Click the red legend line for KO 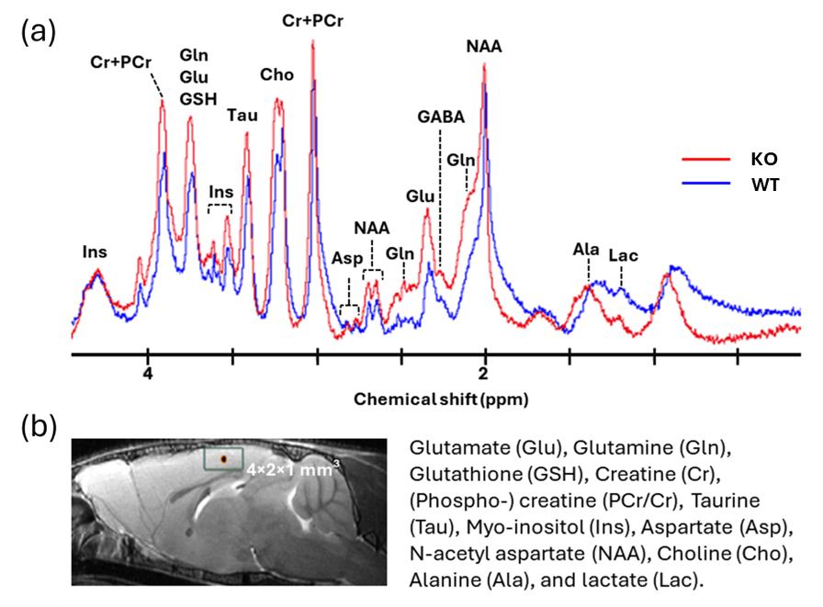704,160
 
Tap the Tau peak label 242,116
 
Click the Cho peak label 276,75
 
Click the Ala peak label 586,250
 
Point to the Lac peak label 623,255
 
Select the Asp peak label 347,258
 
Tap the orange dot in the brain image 223,458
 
